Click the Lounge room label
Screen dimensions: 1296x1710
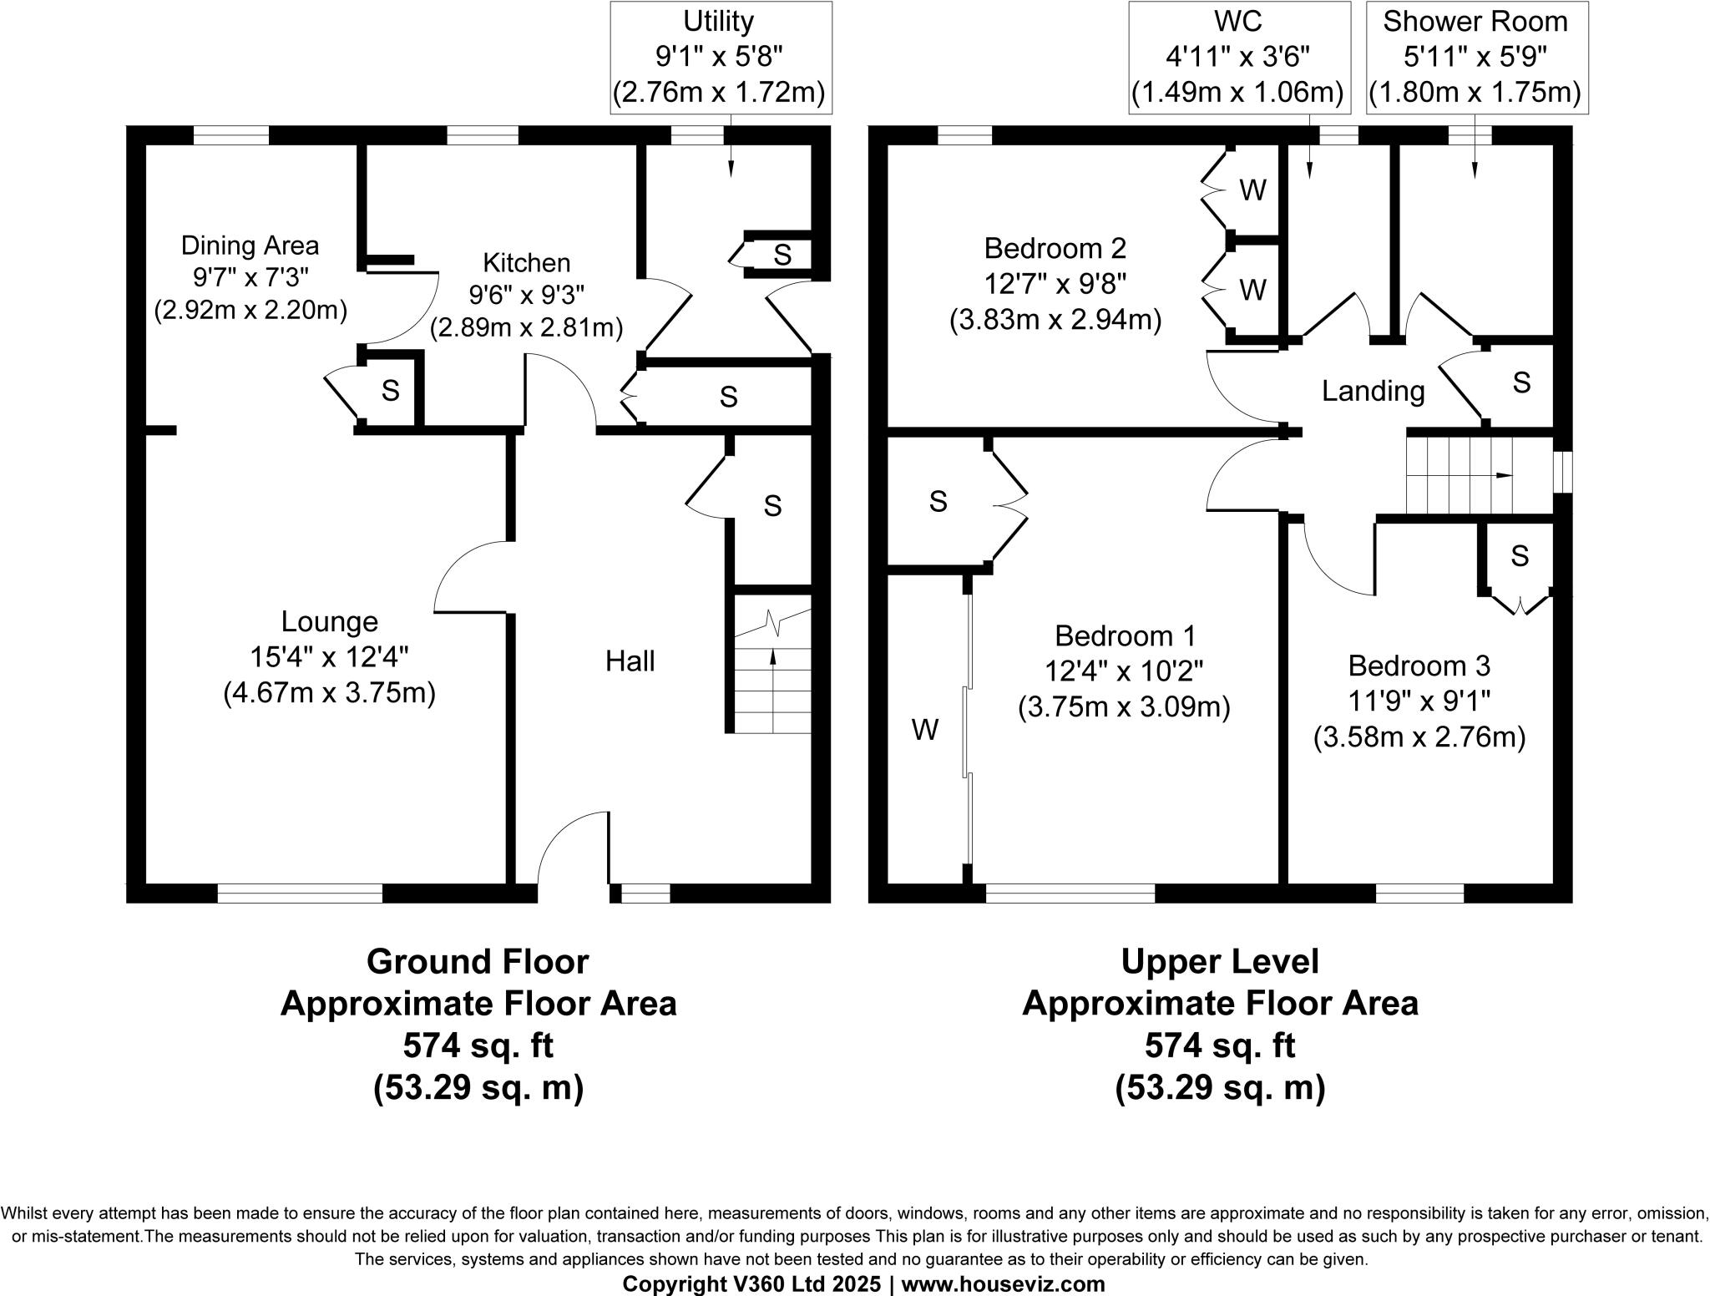[329, 622]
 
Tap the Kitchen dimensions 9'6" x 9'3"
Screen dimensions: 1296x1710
[526, 295]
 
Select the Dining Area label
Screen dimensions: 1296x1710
[250, 246]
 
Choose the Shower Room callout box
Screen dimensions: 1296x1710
[1475, 57]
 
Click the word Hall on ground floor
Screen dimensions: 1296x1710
[630, 661]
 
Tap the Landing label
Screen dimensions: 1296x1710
[1373, 391]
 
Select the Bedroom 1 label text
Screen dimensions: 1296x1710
[1124, 636]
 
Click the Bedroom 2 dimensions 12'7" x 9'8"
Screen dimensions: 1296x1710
[1055, 284]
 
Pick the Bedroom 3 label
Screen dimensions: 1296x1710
[1419, 666]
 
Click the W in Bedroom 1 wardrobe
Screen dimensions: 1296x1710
[924, 730]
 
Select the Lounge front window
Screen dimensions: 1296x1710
[300, 894]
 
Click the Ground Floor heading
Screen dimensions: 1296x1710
[478, 961]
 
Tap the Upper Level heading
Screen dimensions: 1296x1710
[1219, 961]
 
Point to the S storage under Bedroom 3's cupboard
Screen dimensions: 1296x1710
[1519, 555]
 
